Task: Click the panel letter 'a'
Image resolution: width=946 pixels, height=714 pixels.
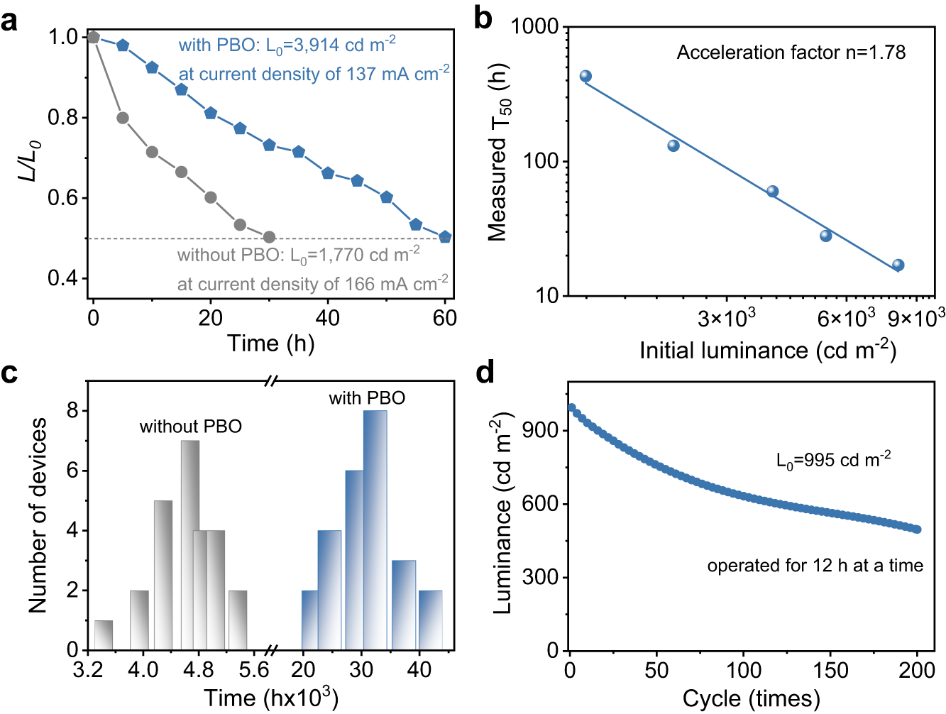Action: coord(9,21)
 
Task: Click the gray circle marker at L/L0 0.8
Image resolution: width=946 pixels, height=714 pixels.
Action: coord(123,118)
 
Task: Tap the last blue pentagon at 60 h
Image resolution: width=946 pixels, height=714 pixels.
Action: coord(445,237)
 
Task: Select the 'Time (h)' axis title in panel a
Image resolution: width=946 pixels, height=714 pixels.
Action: coord(270,344)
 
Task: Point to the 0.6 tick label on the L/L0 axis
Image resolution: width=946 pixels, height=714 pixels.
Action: coord(63,198)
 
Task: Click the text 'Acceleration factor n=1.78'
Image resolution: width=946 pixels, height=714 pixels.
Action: coord(791,53)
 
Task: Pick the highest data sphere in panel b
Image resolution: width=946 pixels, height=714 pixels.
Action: coord(585,77)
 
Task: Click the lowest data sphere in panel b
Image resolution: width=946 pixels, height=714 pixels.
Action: coord(898,265)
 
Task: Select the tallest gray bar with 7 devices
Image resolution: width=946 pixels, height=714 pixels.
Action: coord(190,545)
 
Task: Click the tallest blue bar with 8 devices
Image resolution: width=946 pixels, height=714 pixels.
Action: coord(375,529)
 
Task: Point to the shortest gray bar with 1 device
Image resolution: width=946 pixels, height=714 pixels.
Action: coord(104,635)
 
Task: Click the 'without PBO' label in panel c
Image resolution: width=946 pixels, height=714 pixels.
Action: coord(190,427)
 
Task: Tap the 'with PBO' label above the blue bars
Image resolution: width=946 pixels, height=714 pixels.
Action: coord(367,398)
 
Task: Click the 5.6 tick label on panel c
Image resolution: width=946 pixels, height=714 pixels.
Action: coord(253,670)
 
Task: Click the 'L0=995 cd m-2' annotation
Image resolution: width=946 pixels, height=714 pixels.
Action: coord(833,461)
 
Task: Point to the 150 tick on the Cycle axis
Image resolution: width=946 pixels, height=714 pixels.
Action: coord(830,670)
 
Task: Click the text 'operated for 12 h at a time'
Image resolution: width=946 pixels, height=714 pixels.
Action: coord(815,566)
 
